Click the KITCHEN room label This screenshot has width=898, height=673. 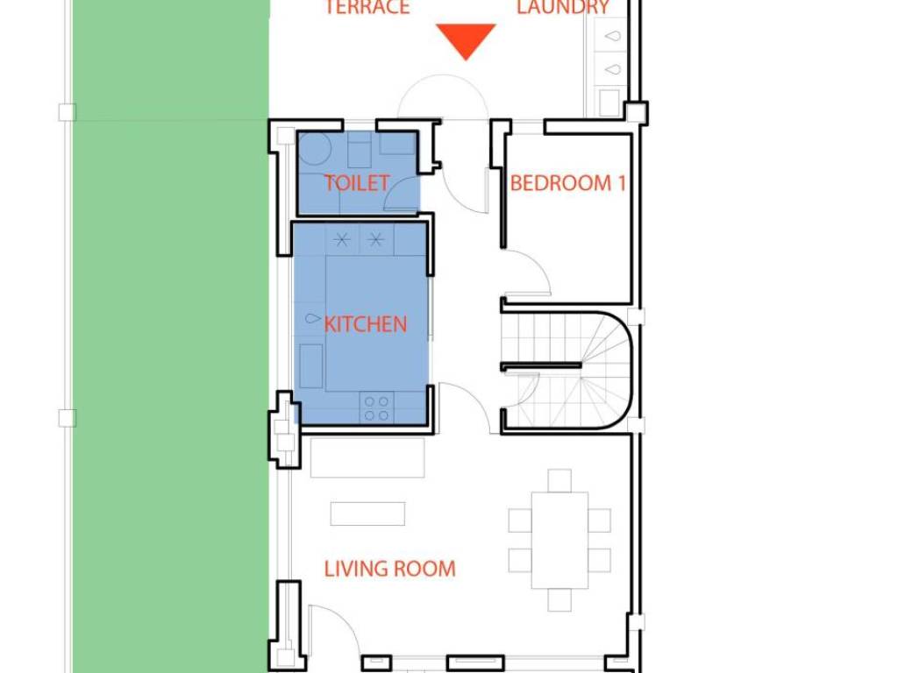[x=366, y=324]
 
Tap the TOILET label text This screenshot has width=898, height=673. [x=357, y=183]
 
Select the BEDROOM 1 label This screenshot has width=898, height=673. [x=567, y=183]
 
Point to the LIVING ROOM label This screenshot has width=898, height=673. [x=390, y=569]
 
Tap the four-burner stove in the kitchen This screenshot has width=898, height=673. [x=377, y=407]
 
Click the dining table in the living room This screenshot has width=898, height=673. [x=559, y=540]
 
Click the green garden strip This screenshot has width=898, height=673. [x=171, y=336]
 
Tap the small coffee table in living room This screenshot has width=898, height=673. [x=367, y=514]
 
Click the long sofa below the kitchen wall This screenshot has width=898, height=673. [x=367, y=457]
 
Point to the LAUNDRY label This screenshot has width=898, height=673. [x=563, y=7]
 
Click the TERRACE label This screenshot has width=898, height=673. [x=367, y=7]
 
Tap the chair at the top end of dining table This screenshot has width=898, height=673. [x=559, y=480]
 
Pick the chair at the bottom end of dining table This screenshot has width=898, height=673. [x=559, y=599]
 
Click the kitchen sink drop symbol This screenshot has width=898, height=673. [x=313, y=318]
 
